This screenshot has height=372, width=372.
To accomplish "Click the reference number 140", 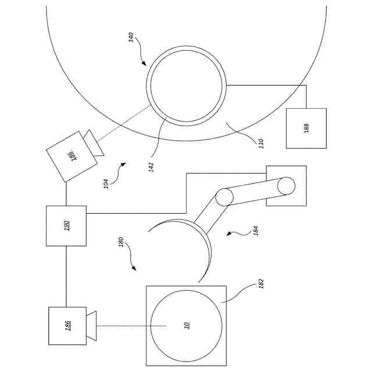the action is pyautogui.click(x=131, y=37).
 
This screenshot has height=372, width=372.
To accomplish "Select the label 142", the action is pyautogui.click(x=151, y=167).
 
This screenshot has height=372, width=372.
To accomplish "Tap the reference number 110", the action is pyautogui.click(x=261, y=144).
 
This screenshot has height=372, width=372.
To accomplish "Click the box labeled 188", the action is pyautogui.click(x=306, y=128).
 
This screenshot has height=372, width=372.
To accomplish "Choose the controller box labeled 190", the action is pyautogui.click(x=66, y=226).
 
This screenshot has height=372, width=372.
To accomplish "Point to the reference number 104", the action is pyautogui.click(x=106, y=184).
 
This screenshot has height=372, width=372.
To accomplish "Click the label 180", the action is pyautogui.click(x=121, y=242).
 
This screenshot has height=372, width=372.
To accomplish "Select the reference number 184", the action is pyautogui.click(x=256, y=231).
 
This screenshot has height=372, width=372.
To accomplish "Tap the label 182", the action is pyautogui.click(x=261, y=284).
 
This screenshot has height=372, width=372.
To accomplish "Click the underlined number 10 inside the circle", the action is pyautogui.click(x=187, y=325).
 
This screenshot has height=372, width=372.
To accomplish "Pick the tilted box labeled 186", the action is pyautogui.click(x=71, y=156).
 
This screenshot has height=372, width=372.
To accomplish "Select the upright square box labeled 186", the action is pyautogui.click(x=67, y=325).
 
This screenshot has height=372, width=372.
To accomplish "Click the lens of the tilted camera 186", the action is pyautogui.click(x=94, y=143).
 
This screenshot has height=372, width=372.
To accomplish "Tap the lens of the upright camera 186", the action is pyautogui.click(x=91, y=325).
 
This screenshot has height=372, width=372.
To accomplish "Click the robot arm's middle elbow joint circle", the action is pyautogui.click(x=224, y=197).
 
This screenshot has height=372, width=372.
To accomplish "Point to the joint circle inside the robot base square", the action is pyautogui.click(x=287, y=186).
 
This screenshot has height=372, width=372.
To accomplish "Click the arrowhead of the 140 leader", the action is pyautogui.click(x=144, y=63).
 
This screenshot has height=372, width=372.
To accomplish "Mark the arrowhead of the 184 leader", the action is pyautogui.click(x=229, y=234).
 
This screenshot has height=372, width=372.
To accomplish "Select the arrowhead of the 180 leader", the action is pyautogui.click(x=134, y=268).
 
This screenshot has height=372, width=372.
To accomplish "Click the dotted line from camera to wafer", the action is pyautogui.click(x=131, y=326).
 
